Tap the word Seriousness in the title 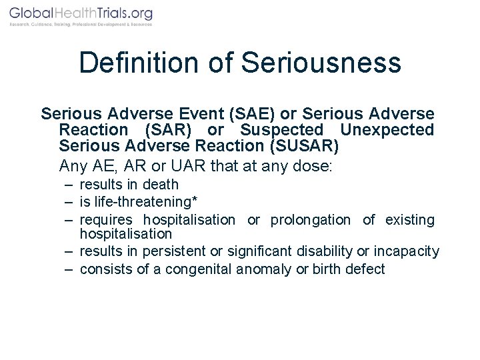click(x=321, y=63)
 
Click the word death click(x=161, y=185)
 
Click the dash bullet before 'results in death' click(x=69, y=185)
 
